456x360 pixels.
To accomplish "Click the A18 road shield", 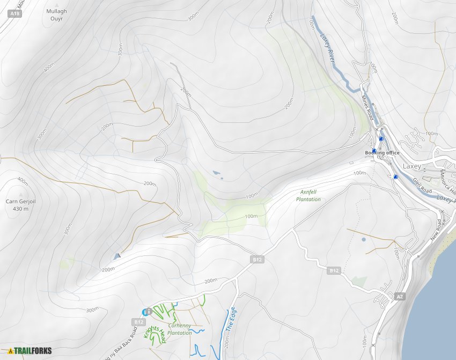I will click(x=14, y=14).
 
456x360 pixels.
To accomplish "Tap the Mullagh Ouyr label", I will click(x=56, y=14).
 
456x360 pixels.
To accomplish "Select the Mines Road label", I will click(x=369, y=105).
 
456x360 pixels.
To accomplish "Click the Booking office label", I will click(x=382, y=153).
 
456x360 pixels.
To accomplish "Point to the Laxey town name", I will click(x=412, y=166).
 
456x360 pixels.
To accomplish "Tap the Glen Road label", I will click(x=422, y=187).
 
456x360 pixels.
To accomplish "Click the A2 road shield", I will click(x=399, y=296).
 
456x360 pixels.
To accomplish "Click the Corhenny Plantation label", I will click(x=180, y=329).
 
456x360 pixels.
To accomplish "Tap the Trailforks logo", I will click(x=30, y=351).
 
